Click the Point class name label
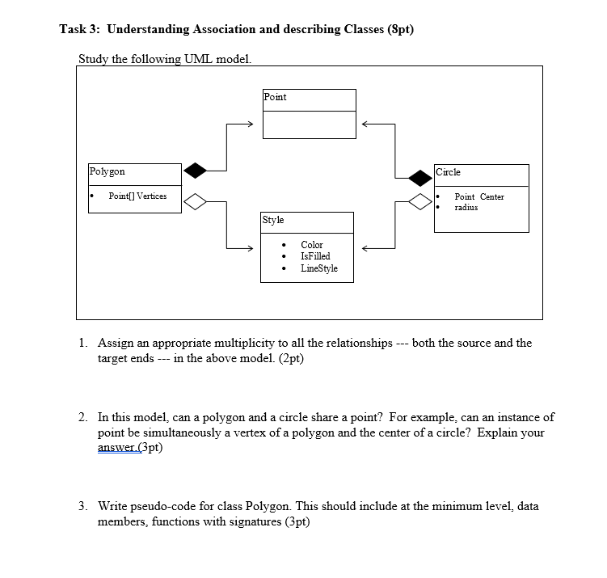click(275, 97)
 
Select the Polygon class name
click(107, 172)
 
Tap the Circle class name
click(448, 172)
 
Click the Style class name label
click(273, 220)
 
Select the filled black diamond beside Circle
click(420, 176)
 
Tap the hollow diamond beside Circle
click(420, 200)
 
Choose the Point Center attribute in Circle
click(478, 197)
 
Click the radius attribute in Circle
click(466, 208)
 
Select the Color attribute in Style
click(311, 245)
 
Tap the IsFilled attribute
click(315, 256)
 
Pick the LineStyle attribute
click(319, 268)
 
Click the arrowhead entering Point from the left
click(250, 124)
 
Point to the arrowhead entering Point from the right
click(365, 124)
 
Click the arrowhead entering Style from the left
click(249, 248)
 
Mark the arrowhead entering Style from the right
click(365, 248)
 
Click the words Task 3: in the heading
click(80, 30)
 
